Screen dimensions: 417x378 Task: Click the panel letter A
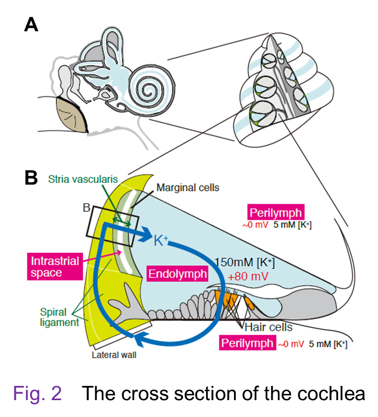click(x=31, y=25)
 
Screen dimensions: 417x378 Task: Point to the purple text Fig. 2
click(x=38, y=393)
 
